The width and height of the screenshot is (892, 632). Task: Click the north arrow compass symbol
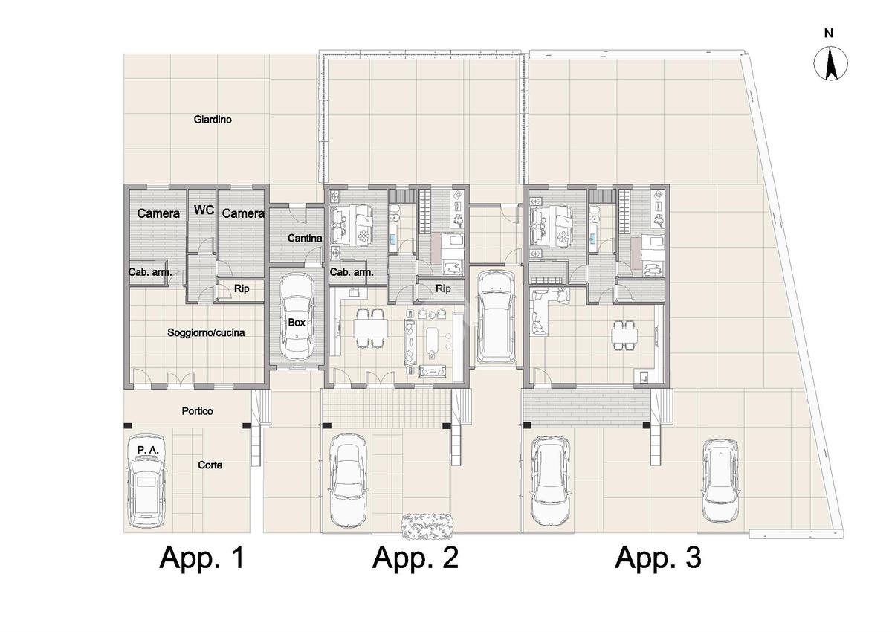pos(830,64)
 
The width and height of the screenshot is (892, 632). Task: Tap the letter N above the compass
pos(829,33)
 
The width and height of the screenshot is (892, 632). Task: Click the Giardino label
pos(213,120)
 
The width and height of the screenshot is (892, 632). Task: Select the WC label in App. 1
pos(204,210)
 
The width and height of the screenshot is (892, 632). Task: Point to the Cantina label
pos(305,238)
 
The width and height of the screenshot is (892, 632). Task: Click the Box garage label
pos(297,322)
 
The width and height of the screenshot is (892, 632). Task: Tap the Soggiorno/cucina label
pos(206,332)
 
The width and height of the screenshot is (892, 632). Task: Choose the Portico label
pos(197,411)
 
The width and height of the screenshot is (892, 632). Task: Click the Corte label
pos(210,465)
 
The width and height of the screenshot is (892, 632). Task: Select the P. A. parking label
pos(148,450)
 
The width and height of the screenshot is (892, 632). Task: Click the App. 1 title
pos(201,558)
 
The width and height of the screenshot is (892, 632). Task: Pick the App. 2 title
pos(415,558)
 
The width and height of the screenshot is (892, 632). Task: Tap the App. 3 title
pos(658,558)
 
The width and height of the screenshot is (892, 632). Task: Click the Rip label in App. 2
pos(443,288)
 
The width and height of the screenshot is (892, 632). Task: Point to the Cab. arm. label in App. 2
pos(352,272)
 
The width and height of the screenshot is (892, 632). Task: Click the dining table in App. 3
pos(625,336)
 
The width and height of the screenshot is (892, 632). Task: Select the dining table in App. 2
pos(370,329)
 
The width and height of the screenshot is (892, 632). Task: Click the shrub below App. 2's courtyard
pos(427,526)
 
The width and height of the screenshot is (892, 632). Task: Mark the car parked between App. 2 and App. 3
pos(497,317)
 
